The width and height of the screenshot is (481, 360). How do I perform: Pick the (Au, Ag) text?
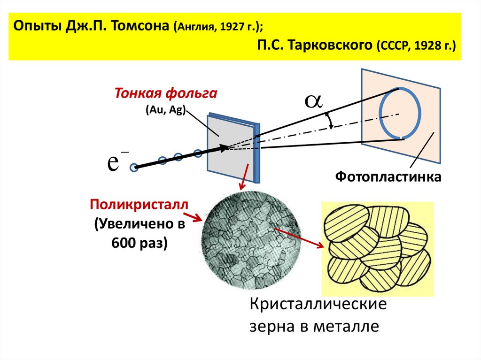coord(166,109)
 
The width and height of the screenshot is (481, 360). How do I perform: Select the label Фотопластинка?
coord(388,177)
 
